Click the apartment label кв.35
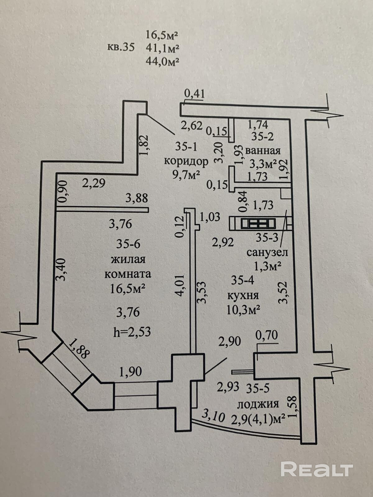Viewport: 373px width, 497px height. point(121,48)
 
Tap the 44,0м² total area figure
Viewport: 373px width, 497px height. point(162,61)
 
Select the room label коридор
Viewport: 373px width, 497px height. point(186,161)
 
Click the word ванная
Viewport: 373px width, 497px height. point(263,151)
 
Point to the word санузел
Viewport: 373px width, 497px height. point(267,252)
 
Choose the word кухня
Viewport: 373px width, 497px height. point(243,295)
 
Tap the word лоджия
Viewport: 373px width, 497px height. point(258,404)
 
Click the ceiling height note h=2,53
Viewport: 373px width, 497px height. point(132,332)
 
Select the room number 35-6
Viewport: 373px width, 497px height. point(128,244)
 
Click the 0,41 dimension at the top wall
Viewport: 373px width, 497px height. point(195,93)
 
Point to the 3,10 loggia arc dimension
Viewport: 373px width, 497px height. point(213,415)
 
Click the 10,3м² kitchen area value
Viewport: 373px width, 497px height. point(243,310)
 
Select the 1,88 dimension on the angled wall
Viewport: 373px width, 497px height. point(79,349)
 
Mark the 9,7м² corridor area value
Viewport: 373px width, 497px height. point(186,175)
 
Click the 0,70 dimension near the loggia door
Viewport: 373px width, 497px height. point(266,335)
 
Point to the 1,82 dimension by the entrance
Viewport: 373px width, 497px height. point(145,146)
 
